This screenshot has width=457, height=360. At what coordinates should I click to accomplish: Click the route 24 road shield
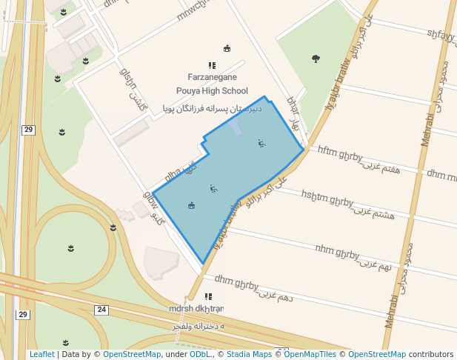tap(101, 309)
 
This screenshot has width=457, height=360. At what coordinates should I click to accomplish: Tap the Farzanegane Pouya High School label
tap(212, 84)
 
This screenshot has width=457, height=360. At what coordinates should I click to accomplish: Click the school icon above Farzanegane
tap(212, 65)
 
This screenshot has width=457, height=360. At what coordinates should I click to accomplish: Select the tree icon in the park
tap(316, 58)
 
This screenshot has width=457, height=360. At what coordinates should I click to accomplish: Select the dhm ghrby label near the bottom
tap(236, 282)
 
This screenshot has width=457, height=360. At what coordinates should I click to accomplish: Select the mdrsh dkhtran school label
tap(196, 308)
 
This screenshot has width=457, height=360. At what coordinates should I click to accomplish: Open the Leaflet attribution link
tap(42, 354)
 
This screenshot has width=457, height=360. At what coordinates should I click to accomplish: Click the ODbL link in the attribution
tap(200, 354)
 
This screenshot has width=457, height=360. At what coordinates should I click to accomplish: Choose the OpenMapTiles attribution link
tap(310, 354)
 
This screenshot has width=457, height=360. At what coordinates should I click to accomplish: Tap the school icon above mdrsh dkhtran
tap(208, 296)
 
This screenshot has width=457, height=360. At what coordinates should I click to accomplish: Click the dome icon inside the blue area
tap(192, 205)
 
